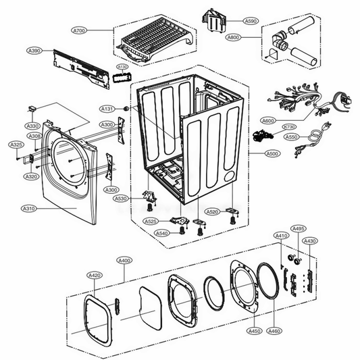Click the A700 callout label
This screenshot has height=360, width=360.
(x=80, y=31)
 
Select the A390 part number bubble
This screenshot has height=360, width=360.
(x=34, y=51)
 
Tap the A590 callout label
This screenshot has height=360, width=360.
(x=251, y=22)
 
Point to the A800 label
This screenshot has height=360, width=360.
(x=233, y=37)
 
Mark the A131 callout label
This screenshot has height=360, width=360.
(x=107, y=109)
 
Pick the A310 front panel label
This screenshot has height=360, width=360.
(x=29, y=209)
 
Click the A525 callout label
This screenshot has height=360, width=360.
(x=151, y=222)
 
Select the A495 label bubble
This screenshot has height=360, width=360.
(x=299, y=228)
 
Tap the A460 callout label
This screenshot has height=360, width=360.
(x=274, y=331)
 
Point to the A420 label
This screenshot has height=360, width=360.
(x=95, y=275)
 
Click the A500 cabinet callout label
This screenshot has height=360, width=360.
(x=272, y=154)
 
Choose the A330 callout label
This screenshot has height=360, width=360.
(x=32, y=126)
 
